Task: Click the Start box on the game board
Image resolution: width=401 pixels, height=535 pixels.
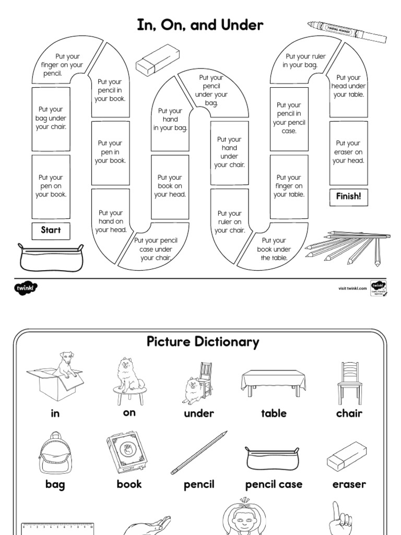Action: pos(51,230)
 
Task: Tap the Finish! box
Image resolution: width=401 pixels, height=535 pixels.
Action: pos(348,196)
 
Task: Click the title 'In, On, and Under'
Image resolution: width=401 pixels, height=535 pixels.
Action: pos(200,25)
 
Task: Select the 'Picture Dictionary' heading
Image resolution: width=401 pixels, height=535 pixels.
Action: pos(202,342)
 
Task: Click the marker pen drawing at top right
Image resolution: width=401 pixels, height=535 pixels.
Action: pos(347,32)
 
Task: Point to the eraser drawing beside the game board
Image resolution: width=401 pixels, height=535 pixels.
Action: pos(154,64)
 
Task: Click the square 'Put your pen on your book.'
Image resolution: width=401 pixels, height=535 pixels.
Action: pos(51,186)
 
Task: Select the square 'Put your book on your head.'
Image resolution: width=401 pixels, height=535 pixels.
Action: pos(170,186)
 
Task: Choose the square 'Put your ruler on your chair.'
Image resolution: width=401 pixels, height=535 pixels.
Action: pos(229,222)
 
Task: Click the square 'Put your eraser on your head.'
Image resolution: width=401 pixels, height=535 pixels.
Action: pos(348,152)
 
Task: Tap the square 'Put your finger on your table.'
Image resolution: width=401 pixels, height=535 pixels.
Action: pos(289,186)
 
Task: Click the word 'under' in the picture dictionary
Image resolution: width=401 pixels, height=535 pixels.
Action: pos(199,413)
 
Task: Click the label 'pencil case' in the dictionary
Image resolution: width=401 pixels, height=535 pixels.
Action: pos(274,484)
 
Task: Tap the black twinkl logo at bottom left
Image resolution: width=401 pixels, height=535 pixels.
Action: pos(27,287)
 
